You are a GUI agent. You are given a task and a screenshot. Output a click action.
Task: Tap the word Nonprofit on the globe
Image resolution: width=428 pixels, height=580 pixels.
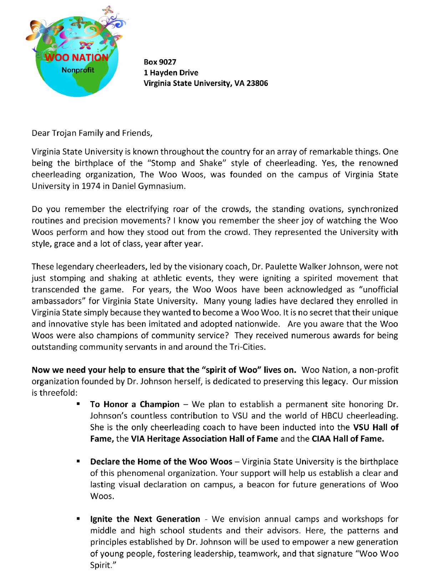click(78, 70)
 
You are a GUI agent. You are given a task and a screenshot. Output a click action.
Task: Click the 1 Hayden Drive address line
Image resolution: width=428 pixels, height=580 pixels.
click(170, 73)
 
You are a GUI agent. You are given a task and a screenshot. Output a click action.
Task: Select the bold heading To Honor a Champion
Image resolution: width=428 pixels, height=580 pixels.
click(135, 404)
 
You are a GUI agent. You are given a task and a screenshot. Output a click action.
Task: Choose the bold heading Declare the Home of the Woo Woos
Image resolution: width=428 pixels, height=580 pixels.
click(161, 462)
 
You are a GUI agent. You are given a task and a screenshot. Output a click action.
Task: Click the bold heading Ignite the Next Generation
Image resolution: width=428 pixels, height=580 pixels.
click(145, 519)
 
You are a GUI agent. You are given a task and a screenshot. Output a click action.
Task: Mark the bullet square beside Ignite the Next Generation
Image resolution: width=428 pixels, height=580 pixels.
click(77, 519)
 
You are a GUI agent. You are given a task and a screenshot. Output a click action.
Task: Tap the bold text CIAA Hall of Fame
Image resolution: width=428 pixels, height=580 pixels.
click(348, 438)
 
